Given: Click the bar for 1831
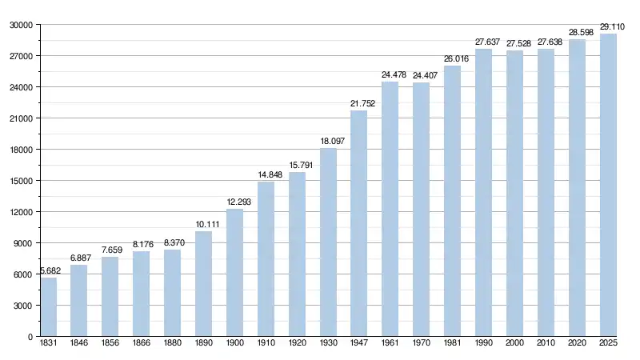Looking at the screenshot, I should (48, 307).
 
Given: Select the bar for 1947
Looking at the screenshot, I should (358, 224).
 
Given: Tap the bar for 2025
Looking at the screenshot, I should (608, 186).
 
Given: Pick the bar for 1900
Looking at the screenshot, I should (234, 273).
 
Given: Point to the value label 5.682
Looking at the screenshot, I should (48, 270).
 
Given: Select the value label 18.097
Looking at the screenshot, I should (328, 141).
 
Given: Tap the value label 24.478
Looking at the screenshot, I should (390, 75).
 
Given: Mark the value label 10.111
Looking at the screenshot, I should (203, 224).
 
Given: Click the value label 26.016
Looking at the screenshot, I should (452, 59).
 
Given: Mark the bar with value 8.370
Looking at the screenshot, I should (172, 294).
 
